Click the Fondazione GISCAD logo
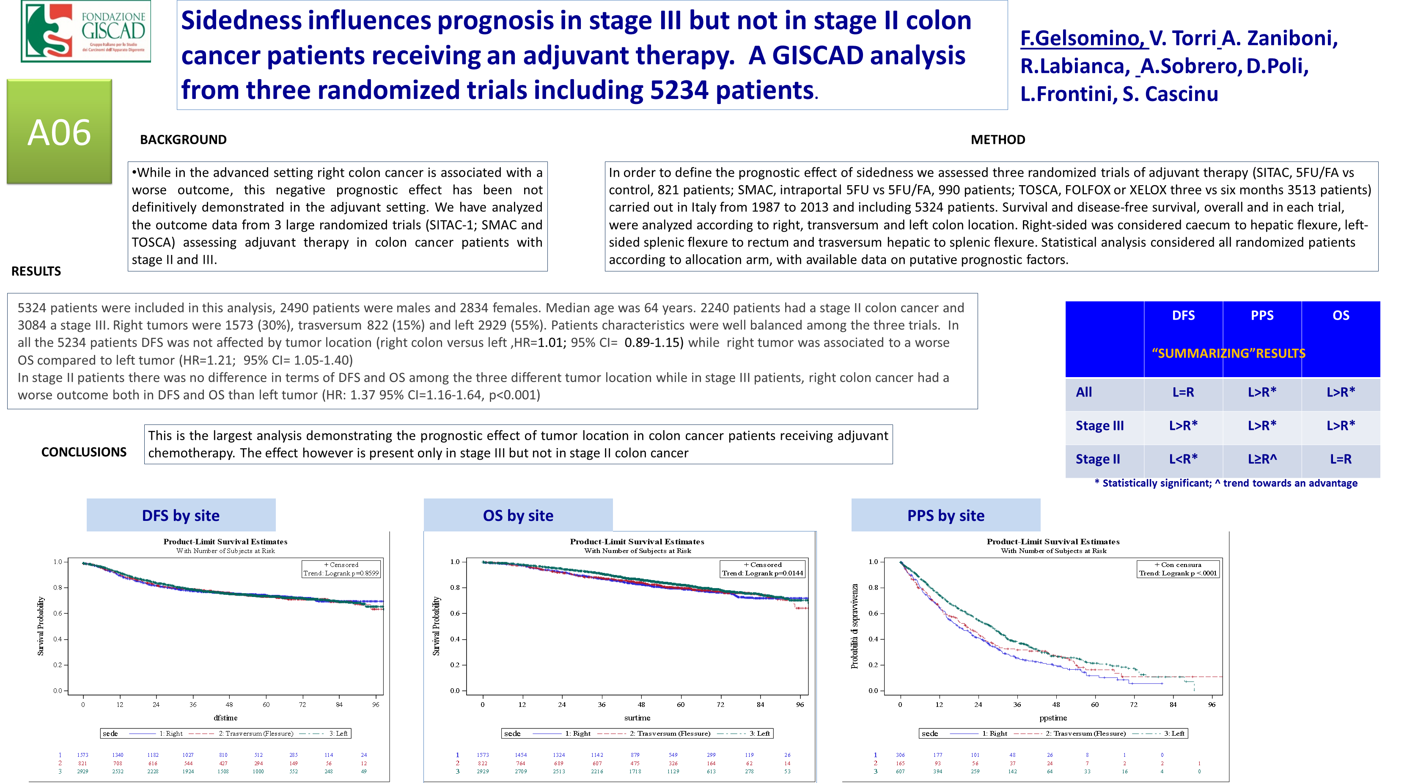pyautogui.click(x=86, y=31)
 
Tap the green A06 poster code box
pyautogui.click(x=59, y=132)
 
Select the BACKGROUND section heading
pyautogui.click(x=183, y=140)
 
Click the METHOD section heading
pyautogui.click(x=998, y=140)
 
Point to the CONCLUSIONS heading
pyautogui.click(x=84, y=452)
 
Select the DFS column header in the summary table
pyautogui.click(x=1183, y=315)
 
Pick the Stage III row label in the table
pyautogui.click(x=1099, y=426)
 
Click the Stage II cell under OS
pyautogui.click(x=1340, y=459)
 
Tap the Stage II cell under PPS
pyautogui.click(x=1262, y=459)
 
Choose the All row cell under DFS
pyautogui.click(x=1183, y=392)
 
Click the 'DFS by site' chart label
pyautogui.click(x=181, y=515)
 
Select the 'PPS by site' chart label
pyautogui.click(x=945, y=515)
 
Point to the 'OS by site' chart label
pyautogui.click(x=518, y=515)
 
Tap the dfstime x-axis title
pyautogui.click(x=225, y=718)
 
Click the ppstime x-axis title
pyautogui.click(x=1053, y=718)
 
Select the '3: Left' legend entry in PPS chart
pyautogui.click(x=1174, y=733)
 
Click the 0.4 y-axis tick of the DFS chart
pyautogui.click(x=58, y=639)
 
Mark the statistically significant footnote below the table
pyautogui.click(x=1226, y=483)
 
